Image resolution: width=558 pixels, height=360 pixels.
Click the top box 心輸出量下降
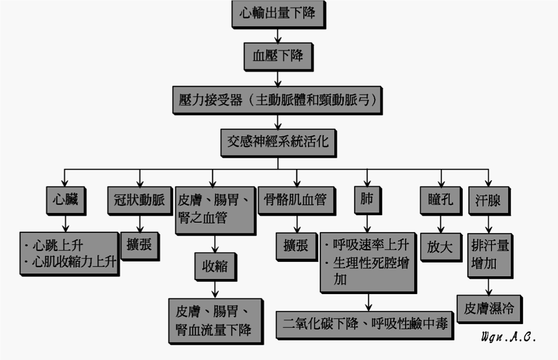[x=278, y=15]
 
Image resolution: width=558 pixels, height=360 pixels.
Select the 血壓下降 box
[x=278, y=57]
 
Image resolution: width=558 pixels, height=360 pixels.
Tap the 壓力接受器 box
[x=277, y=100]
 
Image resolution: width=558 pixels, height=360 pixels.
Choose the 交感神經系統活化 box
[x=278, y=143]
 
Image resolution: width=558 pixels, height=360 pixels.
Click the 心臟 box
[x=66, y=200]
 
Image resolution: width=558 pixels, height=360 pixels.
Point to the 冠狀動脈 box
[x=140, y=200]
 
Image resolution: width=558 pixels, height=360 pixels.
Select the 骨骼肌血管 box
[x=297, y=200]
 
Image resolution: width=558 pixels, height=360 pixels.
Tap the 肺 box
[x=368, y=200]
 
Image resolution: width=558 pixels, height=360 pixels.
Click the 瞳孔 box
[x=441, y=200]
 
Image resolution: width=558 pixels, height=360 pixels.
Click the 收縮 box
[x=216, y=267]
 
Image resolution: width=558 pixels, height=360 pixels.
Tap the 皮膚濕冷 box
[x=490, y=309]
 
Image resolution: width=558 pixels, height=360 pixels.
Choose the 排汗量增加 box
[x=490, y=256]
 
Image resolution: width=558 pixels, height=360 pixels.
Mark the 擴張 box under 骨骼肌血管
[x=297, y=247]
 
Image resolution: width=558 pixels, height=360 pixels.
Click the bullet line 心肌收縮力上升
[x=71, y=263]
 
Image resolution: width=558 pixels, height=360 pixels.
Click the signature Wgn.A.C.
[x=508, y=337]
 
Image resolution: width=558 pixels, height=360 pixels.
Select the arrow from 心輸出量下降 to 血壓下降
[x=278, y=36]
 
